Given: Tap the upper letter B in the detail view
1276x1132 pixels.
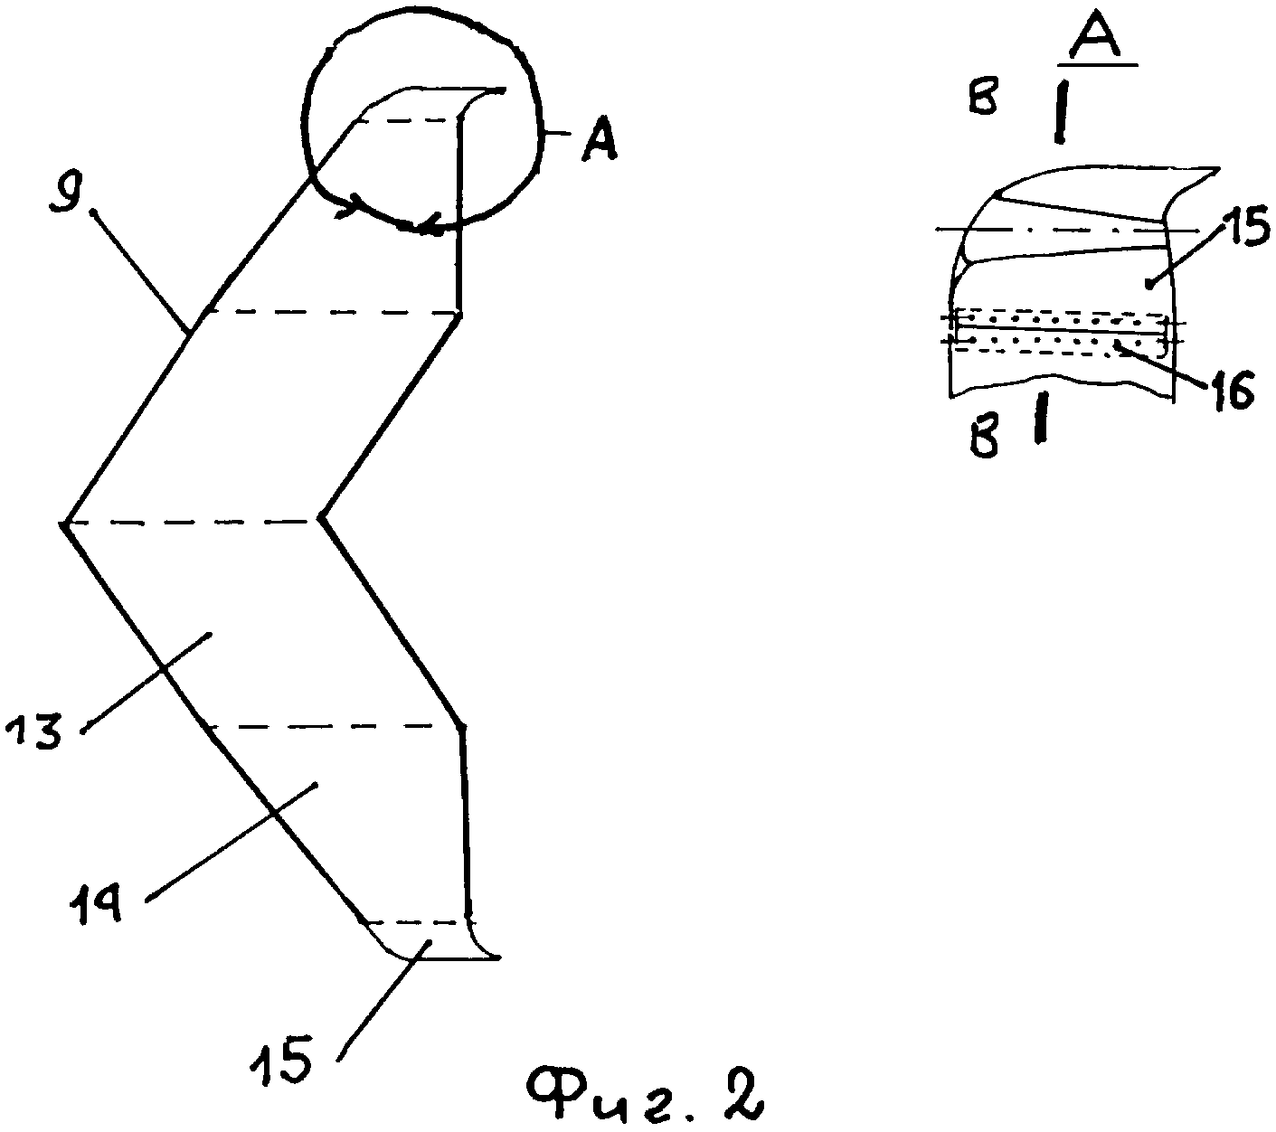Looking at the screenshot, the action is point(982,100).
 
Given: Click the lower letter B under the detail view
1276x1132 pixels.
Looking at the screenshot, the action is point(985,440).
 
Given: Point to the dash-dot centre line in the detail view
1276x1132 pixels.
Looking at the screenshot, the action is point(1058,231).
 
